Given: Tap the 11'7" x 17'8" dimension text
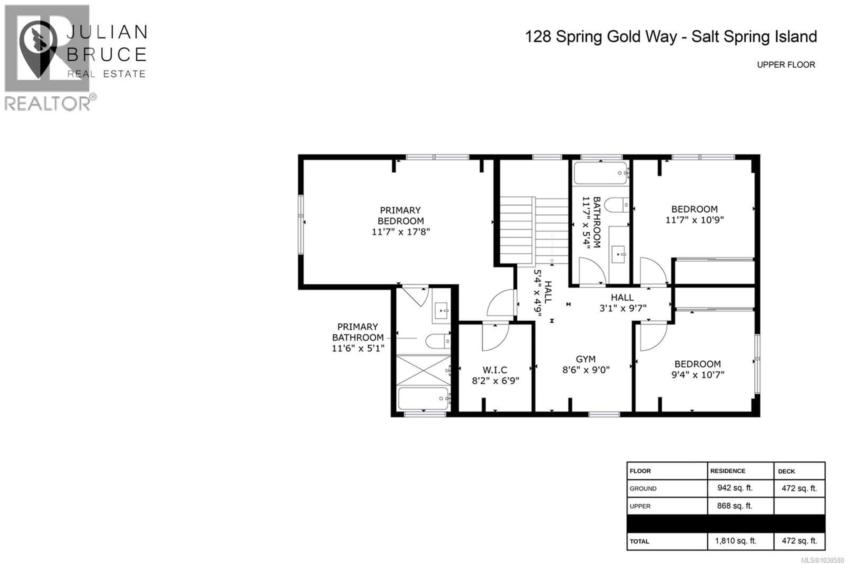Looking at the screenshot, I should click(401, 232).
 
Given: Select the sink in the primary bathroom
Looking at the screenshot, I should click(441, 310).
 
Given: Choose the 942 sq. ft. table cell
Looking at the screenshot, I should click(735, 488).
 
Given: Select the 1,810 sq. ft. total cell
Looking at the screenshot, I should click(735, 541).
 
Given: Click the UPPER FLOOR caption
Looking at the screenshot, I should click(786, 65).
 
